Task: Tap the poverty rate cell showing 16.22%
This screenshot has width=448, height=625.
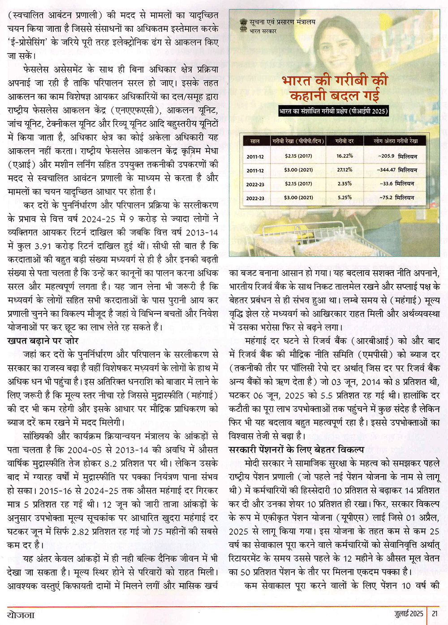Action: click(x=345, y=156)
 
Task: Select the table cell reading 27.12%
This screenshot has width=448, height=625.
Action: click(x=345, y=170)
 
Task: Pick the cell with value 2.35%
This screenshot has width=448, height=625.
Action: click(x=345, y=184)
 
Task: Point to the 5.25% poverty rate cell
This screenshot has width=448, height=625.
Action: click(x=345, y=198)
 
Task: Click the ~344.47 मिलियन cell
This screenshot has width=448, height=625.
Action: click(x=397, y=170)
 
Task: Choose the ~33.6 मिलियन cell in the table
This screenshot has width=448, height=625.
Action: click(x=397, y=184)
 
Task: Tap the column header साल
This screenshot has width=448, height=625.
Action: click(x=255, y=141)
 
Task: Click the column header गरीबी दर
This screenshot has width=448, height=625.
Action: click(x=345, y=141)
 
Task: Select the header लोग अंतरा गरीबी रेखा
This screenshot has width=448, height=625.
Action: click(x=396, y=141)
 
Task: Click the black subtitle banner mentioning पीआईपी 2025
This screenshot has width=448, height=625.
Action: click(x=333, y=111)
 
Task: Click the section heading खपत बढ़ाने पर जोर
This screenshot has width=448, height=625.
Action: click(x=43, y=341)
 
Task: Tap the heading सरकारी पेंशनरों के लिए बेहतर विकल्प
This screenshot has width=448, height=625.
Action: click(x=297, y=449)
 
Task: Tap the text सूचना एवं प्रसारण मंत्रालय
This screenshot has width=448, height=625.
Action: click(x=283, y=22)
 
